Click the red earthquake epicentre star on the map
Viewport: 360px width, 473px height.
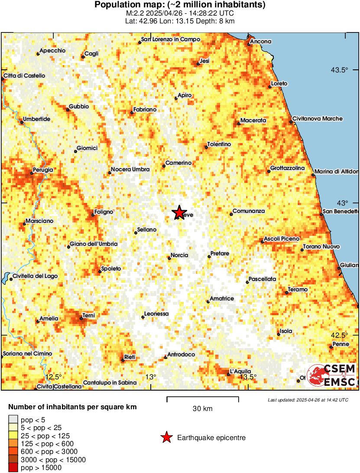point(178,212)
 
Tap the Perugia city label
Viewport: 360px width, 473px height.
point(43,170)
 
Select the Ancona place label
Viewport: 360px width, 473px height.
point(262,42)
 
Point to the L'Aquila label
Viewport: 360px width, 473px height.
point(240,371)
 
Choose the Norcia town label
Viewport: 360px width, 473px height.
point(179,255)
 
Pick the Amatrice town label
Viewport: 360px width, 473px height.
point(222,299)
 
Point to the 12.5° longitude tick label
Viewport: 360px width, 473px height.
point(54,376)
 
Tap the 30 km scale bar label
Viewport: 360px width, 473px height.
point(202,408)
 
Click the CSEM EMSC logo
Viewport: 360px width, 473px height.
point(332,375)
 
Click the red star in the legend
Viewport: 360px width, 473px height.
point(166,438)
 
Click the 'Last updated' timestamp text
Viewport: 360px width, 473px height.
point(308,400)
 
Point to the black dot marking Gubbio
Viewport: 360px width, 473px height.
point(68,110)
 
